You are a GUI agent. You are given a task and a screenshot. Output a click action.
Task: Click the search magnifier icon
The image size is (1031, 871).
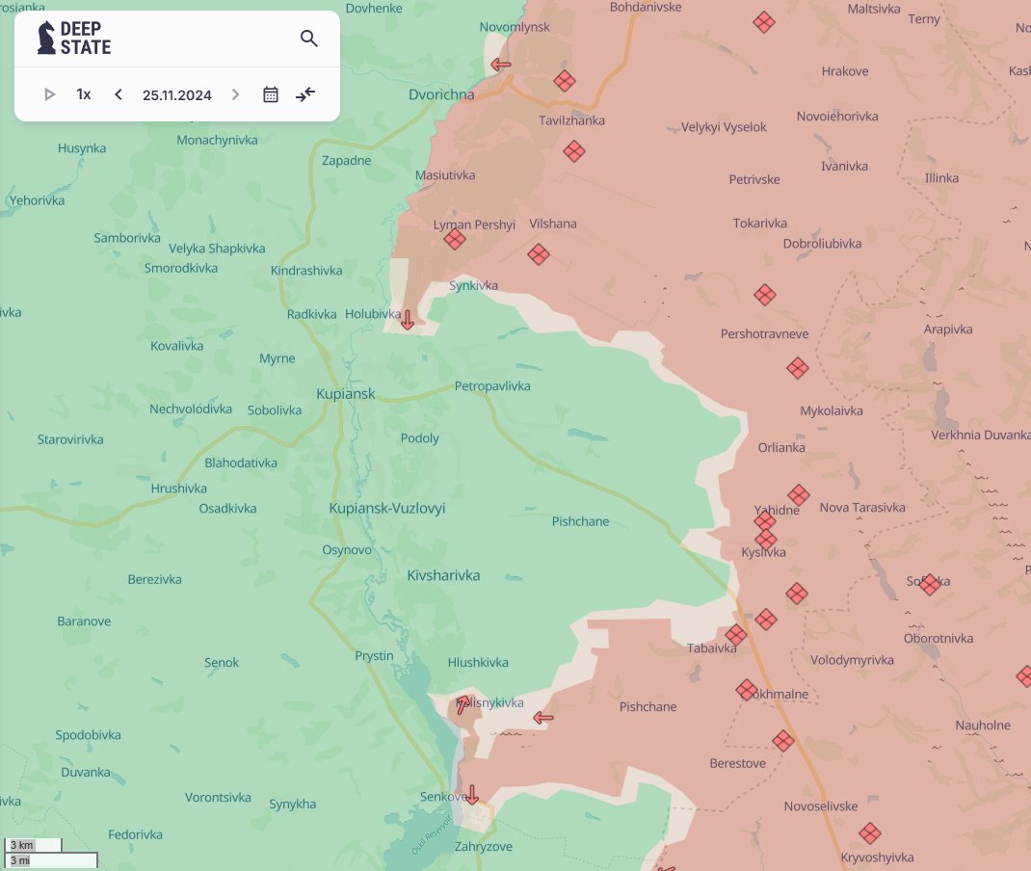coord(308,39)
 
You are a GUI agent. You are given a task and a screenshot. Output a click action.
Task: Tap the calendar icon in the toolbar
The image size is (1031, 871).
coord(271,94)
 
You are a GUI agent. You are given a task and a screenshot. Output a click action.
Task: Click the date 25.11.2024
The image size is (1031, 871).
coord(176,94)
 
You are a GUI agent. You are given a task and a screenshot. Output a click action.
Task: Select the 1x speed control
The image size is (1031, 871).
coord(84,94)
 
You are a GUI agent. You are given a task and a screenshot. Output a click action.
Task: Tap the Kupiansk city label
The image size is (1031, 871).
coord(345,394)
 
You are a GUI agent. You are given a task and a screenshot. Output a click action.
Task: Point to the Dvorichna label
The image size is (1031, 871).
coord(441,95)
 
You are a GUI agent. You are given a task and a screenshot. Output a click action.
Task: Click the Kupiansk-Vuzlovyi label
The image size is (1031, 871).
coord(386,508)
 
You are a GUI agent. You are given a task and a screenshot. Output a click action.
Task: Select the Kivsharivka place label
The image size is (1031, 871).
coord(443,575)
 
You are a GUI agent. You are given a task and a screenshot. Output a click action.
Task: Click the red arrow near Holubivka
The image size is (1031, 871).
coord(408,320)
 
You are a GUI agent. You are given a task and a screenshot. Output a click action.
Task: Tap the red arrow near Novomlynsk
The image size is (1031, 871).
coord(501,66)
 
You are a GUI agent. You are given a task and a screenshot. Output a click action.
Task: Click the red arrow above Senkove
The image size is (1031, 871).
coord(471,795)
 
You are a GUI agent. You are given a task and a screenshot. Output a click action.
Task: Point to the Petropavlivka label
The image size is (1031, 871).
coord(492,386)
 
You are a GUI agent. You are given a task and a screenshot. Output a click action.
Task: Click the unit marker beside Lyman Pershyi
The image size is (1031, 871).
coord(455,239)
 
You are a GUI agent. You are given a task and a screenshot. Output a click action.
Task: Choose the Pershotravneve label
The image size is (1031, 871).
coord(764,334)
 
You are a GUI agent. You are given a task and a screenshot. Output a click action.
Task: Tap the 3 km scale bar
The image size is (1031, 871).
coord(33,845)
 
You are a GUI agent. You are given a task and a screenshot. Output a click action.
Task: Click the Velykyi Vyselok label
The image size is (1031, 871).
coord(724,127)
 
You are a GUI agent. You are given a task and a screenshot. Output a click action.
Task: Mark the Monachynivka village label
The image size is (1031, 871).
coord(217,140)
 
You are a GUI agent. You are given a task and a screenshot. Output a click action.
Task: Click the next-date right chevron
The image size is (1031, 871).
coord(235,94)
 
